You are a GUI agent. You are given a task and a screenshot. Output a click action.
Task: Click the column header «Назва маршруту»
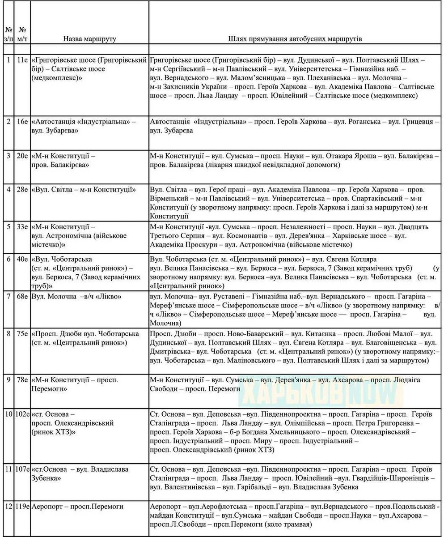coord(89,39)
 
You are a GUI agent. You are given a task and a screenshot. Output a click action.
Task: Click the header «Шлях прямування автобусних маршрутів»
coord(295,39)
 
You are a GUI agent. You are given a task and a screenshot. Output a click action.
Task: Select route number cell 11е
coord(23,60)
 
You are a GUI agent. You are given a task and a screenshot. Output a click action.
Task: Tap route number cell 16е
coord(23,121)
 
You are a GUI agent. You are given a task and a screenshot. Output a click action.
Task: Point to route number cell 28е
coord(23,189)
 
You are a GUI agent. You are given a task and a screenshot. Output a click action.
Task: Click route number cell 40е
coord(23,259)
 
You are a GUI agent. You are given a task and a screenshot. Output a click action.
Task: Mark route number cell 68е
coord(23,296)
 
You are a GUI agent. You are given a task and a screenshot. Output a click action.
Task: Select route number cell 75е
coord(23,333)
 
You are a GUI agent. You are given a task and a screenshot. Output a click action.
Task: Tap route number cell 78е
coord(23,380)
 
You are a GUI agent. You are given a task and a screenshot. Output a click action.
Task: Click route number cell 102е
coord(22,413)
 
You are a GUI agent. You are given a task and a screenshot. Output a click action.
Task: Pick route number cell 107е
coord(22,469)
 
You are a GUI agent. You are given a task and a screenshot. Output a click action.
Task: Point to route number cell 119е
coord(22,507)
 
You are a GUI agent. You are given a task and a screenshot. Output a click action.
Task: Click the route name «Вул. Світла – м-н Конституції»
coord(84,189)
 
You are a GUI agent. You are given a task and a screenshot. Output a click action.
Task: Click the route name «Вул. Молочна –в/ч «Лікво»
coord(77,296)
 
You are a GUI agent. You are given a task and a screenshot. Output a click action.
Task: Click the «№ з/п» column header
coord(8,34)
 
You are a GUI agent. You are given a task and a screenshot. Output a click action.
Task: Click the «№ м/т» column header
coord(22,34)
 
